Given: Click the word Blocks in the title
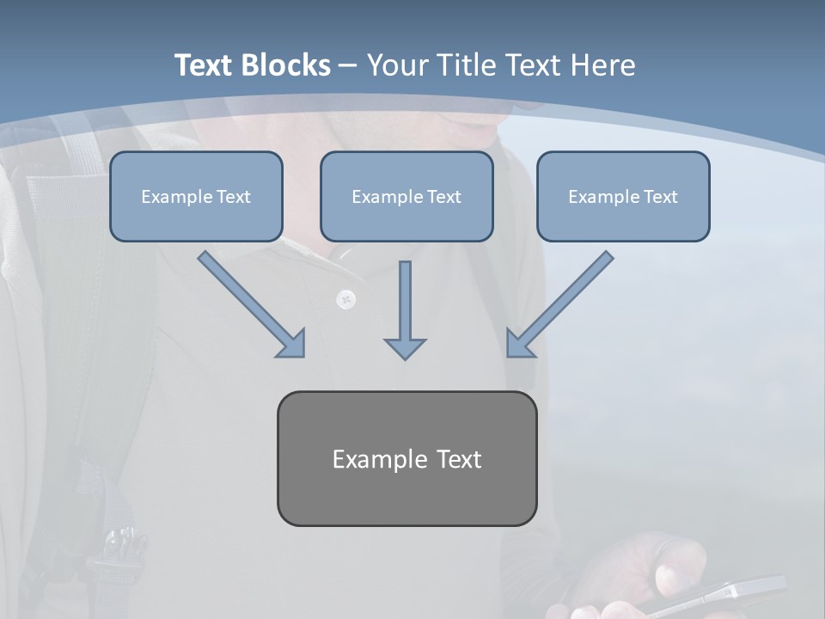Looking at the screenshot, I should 287,65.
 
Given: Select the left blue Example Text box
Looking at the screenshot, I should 196,196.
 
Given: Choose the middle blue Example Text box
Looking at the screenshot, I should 406,196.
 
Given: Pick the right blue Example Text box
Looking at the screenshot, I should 623,196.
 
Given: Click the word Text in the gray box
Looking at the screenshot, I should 459,459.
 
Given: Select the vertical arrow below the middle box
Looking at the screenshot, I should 405,301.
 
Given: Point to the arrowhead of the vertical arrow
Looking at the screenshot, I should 405,348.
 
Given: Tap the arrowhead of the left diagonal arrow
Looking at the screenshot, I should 292,344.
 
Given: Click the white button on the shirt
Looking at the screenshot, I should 345,299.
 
